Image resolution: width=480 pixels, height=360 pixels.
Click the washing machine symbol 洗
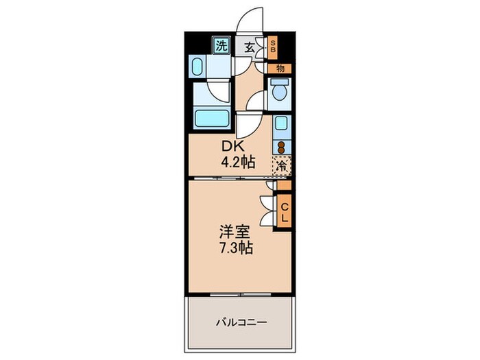pyautogui.click(x=221, y=47)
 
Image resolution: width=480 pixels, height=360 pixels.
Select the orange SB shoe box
pyautogui.click(x=272, y=47)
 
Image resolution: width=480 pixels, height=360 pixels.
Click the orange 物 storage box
pyautogui.click(x=280, y=68)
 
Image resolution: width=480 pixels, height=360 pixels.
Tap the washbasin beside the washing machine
pyautogui.click(x=197, y=67)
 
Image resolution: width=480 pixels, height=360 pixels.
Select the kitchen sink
pyautogui.click(x=281, y=124)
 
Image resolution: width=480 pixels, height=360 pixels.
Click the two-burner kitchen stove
pyautogui.click(x=281, y=147)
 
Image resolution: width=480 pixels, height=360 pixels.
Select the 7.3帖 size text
pyautogui.click(x=236, y=248)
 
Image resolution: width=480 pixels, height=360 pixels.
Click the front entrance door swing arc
pyautogui.click(x=248, y=19)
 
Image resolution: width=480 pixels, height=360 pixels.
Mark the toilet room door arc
pyautogui.click(x=256, y=100)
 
